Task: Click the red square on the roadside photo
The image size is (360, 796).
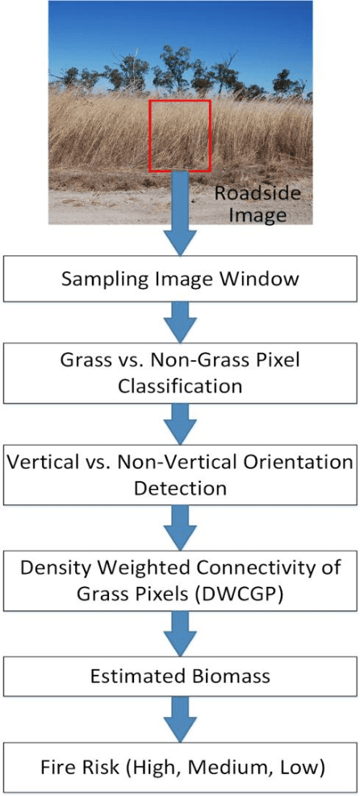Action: click(179, 136)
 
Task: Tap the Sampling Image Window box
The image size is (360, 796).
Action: click(180, 279)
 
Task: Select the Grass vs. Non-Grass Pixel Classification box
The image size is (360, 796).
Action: click(180, 373)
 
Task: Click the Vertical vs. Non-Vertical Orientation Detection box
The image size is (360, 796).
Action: click(180, 476)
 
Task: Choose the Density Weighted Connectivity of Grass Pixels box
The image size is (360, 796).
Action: click(180, 580)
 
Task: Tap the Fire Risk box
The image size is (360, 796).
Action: click(180, 766)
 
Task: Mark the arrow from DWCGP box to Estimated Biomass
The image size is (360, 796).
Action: click(180, 631)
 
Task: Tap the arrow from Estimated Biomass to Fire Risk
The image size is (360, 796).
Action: click(180, 723)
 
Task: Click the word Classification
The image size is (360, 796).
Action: click(180, 386)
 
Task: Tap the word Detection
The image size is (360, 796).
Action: click(180, 489)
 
